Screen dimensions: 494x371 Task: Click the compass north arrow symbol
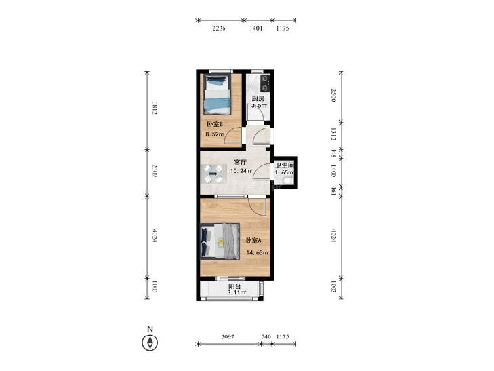(150, 343)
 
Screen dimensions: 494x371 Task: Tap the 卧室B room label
(215, 125)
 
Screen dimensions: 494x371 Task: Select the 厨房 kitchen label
(258, 98)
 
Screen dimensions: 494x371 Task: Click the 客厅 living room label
(240, 163)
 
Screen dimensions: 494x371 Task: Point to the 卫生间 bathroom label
(285, 165)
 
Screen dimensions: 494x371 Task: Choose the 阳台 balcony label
(234, 286)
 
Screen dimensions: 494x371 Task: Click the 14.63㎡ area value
(258, 252)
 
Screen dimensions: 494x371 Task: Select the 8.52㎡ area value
(215, 134)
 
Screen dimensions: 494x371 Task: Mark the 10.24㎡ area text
(241, 171)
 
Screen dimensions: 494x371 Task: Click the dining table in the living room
(213, 174)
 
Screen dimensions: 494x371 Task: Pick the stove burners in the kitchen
(266, 83)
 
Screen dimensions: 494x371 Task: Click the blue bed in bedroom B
(216, 94)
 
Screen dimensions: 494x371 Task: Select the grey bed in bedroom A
(220, 241)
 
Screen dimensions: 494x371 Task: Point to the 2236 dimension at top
(219, 28)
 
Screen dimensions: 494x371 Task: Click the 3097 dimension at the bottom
(228, 336)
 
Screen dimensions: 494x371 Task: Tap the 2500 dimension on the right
(333, 95)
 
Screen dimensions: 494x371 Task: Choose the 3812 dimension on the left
(155, 108)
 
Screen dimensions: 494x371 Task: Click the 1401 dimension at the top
(256, 28)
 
